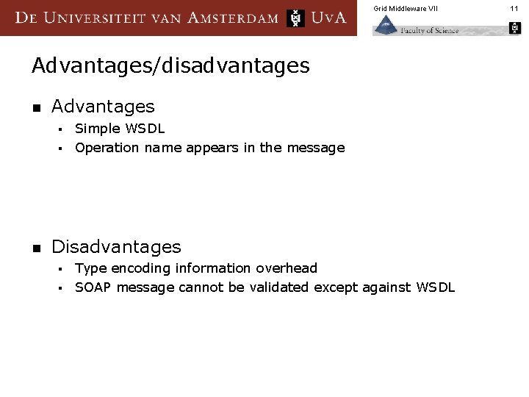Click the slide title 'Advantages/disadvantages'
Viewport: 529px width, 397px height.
point(170,66)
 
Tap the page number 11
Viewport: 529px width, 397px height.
point(514,8)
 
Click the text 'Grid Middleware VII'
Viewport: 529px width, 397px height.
point(405,8)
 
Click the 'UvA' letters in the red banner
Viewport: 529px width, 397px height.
point(328,18)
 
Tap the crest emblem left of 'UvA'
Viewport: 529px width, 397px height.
point(295,18)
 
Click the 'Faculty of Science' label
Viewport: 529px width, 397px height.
point(430,30)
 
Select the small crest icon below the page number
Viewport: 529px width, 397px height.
point(514,29)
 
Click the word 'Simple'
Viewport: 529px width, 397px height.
point(98,129)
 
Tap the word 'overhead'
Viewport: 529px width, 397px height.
point(287,268)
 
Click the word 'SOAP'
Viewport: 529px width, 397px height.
point(92,287)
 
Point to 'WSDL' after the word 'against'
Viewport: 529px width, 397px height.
point(435,287)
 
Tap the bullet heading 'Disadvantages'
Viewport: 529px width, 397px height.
point(116,246)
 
